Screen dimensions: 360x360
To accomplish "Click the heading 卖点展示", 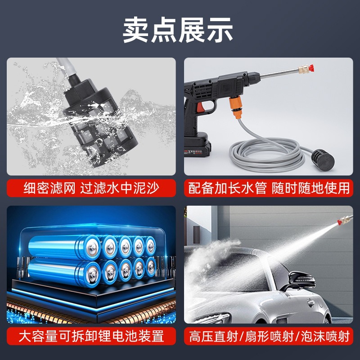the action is [x=178, y=30].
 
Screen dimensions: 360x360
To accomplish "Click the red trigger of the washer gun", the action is [x=201, y=107].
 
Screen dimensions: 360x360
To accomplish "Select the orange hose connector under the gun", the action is [x=236, y=107].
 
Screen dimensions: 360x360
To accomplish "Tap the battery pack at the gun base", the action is [x=197, y=145].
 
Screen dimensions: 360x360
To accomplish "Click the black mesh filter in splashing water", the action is [x=100, y=121].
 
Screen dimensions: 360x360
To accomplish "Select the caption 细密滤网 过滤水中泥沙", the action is [x=91, y=188].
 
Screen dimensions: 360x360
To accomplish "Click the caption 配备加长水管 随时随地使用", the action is [x=269, y=188].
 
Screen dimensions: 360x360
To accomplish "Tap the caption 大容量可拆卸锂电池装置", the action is [x=91, y=336].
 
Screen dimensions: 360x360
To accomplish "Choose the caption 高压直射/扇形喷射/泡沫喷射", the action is [x=269, y=336].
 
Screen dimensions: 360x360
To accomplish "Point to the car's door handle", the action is [x=311, y=303].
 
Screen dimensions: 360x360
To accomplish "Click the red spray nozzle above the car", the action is [x=340, y=221].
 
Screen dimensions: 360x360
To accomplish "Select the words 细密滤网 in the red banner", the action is [x=49, y=188].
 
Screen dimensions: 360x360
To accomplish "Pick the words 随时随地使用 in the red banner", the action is [x=311, y=188].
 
